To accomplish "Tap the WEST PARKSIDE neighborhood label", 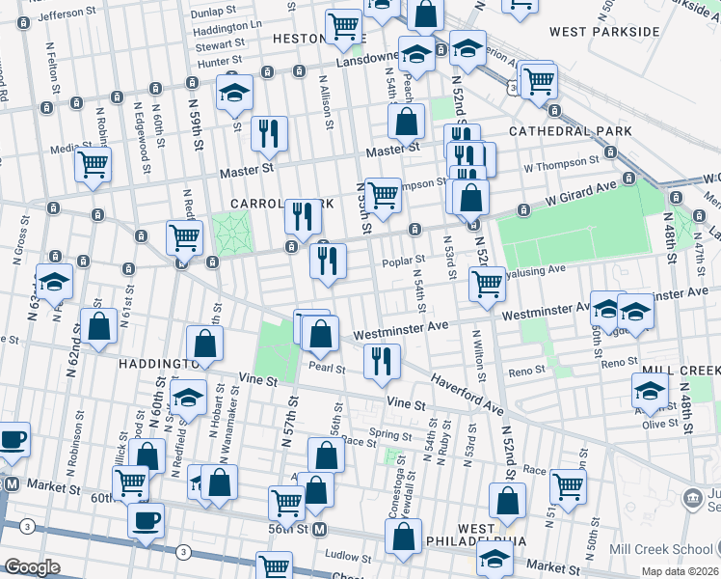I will click(604, 32).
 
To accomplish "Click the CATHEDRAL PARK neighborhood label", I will click(570, 131).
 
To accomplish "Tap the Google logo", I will click(32, 567).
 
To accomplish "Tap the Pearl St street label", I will click(326, 366).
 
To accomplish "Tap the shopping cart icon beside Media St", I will click(93, 165).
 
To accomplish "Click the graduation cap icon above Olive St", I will click(650, 390).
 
